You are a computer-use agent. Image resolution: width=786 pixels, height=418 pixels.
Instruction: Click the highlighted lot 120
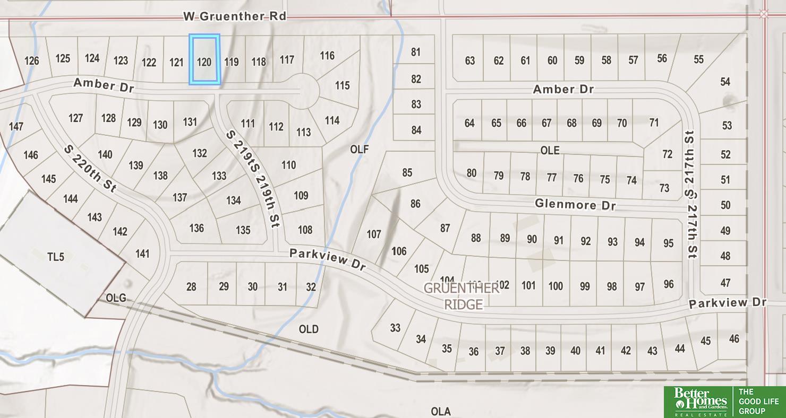[204, 60]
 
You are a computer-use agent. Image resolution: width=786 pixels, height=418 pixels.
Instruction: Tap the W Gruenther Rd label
[235, 16]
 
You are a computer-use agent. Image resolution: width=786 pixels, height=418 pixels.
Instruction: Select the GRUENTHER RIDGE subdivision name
[461, 296]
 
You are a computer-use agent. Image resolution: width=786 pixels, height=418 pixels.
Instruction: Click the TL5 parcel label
[55, 257]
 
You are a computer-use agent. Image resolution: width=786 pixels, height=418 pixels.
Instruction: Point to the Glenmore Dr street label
[575, 204]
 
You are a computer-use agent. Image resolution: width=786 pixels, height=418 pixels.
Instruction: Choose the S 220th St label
[90, 169]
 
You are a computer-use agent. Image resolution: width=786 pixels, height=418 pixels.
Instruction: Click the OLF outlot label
[360, 150]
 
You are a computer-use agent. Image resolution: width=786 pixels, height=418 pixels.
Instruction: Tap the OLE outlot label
[550, 151]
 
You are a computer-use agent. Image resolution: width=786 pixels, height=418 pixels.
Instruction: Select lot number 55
[698, 59]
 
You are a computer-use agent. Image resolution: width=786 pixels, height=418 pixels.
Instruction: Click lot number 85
[407, 172]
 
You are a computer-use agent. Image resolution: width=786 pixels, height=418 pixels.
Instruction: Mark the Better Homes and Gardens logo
[699, 402]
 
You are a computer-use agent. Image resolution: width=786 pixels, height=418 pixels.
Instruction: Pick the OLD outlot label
[309, 329]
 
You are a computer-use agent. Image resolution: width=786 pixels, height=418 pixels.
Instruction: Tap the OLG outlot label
[116, 298]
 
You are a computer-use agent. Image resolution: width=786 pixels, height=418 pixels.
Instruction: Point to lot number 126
[32, 60]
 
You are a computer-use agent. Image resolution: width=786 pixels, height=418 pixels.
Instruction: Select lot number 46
[734, 338]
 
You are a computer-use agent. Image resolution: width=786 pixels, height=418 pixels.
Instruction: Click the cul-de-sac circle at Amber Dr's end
[301, 91]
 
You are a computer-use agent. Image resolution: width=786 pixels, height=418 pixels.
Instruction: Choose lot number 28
[191, 287]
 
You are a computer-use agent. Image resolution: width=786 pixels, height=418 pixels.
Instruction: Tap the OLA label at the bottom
[441, 411]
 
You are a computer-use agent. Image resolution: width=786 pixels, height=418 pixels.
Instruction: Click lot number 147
[16, 126]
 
